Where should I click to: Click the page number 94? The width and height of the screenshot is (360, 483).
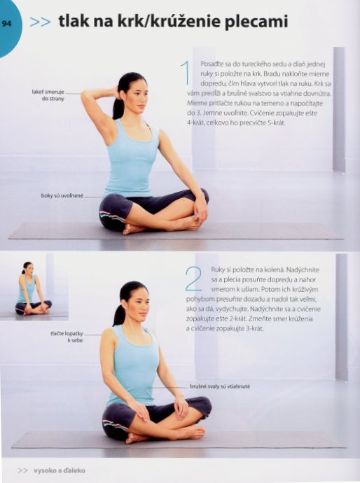click(x=7, y=23)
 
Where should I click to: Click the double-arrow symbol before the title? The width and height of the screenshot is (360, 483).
click(x=41, y=22)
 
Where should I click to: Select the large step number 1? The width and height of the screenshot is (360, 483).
click(x=186, y=73)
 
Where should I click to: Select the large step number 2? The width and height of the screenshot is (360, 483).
click(x=193, y=279)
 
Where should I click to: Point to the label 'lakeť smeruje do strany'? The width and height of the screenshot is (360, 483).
click(x=48, y=95)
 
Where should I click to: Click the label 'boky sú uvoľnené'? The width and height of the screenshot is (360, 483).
click(x=62, y=195)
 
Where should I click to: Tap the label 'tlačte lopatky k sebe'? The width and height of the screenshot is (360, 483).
click(x=67, y=337)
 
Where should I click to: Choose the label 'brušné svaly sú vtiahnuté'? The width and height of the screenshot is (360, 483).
click(x=220, y=386)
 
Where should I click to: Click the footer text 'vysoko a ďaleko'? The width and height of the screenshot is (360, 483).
click(x=59, y=470)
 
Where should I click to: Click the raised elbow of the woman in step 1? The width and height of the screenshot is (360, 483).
click(x=85, y=95)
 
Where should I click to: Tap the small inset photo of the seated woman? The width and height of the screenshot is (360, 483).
click(x=34, y=287)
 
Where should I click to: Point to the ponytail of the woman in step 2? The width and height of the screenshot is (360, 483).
click(x=118, y=314)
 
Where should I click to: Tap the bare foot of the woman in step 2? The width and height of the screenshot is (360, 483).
click(x=137, y=437)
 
